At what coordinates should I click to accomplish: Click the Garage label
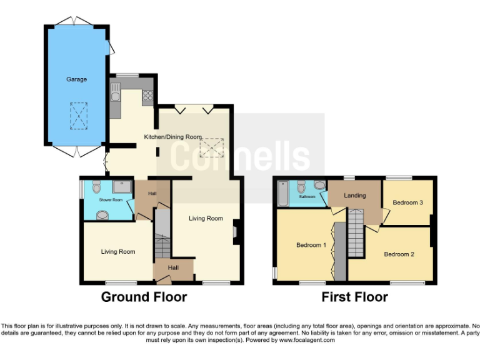[77, 79]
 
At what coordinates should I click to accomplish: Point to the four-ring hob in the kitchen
[148, 96]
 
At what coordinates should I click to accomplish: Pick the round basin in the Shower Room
[101, 215]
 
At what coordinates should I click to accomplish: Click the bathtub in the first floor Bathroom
[283, 194]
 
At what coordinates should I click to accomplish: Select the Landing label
[355, 196]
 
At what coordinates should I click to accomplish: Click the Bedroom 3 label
[407, 202]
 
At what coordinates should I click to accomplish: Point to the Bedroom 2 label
[399, 254]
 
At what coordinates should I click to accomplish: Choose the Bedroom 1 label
[311, 245]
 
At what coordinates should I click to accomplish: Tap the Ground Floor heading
[144, 297]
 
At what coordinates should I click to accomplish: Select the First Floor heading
[354, 297]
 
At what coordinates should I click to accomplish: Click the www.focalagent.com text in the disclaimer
[307, 341]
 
